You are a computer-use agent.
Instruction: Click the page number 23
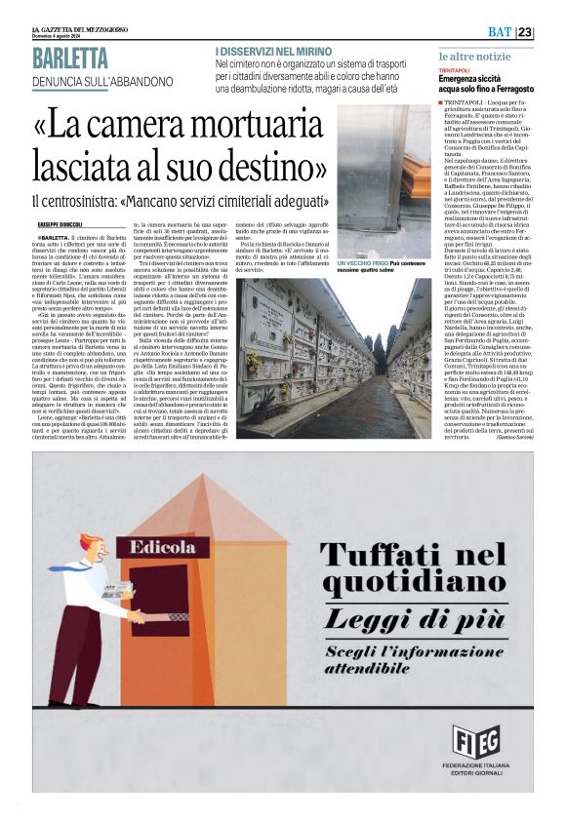pos(551,32)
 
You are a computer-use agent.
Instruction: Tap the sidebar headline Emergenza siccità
pos(479,83)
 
